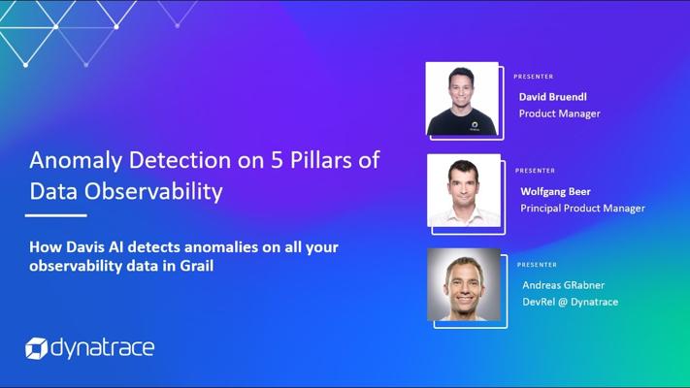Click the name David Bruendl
pyautogui.click(x=553, y=97)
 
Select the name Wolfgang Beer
pyautogui.click(x=555, y=191)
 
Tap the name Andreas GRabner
pyautogui.click(x=563, y=285)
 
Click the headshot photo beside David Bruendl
pyautogui.click(x=462, y=99)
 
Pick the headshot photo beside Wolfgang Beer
pyautogui.click(x=464, y=190)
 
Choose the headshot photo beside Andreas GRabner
pyautogui.click(x=464, y=284)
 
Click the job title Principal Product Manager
pyautogui.click(x=582, y=209)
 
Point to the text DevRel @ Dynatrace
pyautogui.click(x=571, y=302)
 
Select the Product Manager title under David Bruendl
pyautogui.click(x=559, y=113)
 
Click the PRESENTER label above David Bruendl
pyautogui.click(x=534, y=77)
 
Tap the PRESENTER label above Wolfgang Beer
pyautogui.click(x=535, y=171)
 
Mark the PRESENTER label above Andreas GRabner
pyautogui.click(x=537, y=265)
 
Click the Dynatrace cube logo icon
pyautogui.click(x=36, y=348)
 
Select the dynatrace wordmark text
pyautogui.click(x=103, y=348)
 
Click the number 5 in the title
pyautogui.click(x=277, y=160)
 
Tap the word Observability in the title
pyautogui.click(x=153, y=192)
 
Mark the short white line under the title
pyautogui.click(x=56, y=215)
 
